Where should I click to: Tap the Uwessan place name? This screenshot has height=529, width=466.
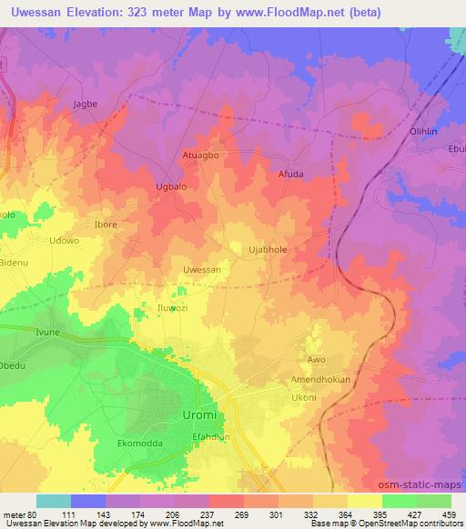(202, 271)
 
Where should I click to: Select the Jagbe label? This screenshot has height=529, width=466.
(84, 105)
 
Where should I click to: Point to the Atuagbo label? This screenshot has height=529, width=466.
(200, 155)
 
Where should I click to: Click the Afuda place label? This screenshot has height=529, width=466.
(290, 174)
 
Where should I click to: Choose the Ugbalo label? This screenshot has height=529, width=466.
(173, 186)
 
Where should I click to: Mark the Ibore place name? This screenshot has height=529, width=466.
(106, 224)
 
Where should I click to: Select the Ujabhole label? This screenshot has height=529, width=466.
(268, 247)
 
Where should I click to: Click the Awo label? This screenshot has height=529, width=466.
(316, 360)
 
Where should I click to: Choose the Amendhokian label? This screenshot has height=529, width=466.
(319, 379)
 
